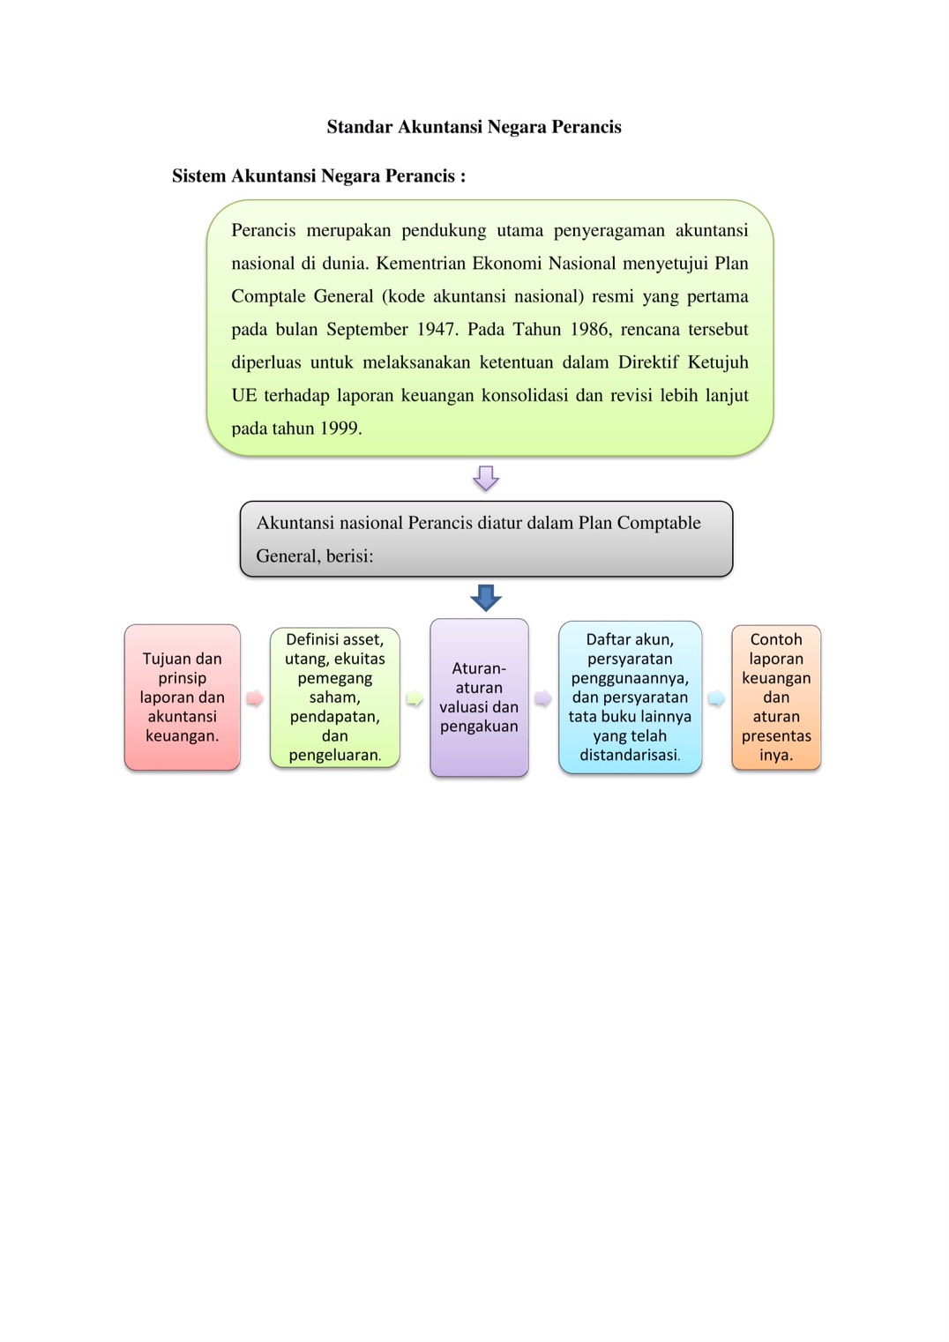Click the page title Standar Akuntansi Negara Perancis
coord(474,127)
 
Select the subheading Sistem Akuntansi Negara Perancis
coord(318,176)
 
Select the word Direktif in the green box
coord(647,362)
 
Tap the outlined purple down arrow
coord(486,478)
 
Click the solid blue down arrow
coord(486,598)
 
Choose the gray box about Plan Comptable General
coord(486,539)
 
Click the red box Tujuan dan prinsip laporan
coord(183,697)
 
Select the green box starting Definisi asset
coord(335,697)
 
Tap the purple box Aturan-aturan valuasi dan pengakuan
coord(479,697)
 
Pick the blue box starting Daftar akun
coord(630,697)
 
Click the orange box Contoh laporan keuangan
coord(776,697)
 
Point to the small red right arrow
coord(255,699)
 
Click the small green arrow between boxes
coord(415,699)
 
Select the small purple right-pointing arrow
coord(543,699)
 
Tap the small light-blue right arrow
coord(716,699)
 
